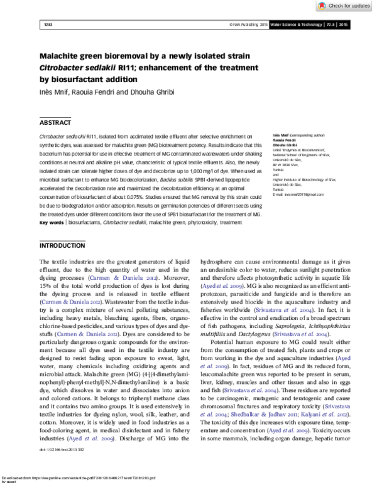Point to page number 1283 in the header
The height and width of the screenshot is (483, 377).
point(48,24)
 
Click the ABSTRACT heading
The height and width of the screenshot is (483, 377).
point(55,123)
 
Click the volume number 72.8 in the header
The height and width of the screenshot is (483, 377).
point(328,24)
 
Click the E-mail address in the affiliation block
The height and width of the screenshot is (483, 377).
point(298,178)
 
